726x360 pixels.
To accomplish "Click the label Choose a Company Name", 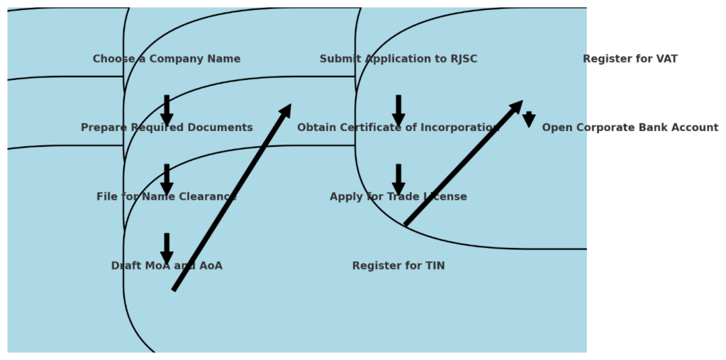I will coord(167,59).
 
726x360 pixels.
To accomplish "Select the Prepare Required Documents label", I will coord(167,128).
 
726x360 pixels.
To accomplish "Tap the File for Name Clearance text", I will coord(167,196).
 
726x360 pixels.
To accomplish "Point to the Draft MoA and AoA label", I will coord(167,266).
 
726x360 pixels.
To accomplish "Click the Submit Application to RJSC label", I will coord(398,59).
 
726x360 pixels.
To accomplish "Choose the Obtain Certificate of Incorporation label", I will coord(398,128).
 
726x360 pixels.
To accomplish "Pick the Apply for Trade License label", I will coord(398,196).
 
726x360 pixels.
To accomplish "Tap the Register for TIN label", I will coord(398,266).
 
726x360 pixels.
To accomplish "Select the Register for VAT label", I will coord(630,59).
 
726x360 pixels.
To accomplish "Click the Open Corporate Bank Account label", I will coord(630,128).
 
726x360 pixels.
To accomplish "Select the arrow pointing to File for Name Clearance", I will coord(167,178).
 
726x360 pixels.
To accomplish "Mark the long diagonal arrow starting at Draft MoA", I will coord(232,197).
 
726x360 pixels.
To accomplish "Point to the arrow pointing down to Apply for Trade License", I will coord(398,178).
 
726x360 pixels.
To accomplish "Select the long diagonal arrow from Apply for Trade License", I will coord(463,163).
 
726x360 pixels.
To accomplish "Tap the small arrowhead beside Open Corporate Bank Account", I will coord(529,120).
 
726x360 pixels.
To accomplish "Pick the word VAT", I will coord(666,59).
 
